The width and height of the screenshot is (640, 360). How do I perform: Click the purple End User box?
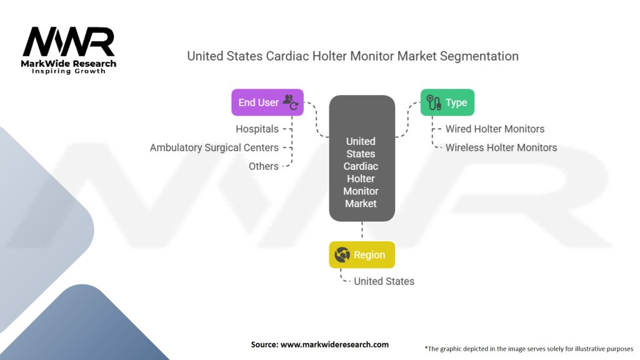pyautogui.click(x=267, y=102)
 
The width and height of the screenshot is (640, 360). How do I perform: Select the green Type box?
pyautogui.click(x=447, y=102)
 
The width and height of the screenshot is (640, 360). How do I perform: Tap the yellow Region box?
pyautogui.click(x=362, y=255)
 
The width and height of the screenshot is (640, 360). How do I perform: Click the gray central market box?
pyautogui.click(x=362, y=158)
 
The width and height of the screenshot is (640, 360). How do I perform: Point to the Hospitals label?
pyautogui.click(x=257, y=129)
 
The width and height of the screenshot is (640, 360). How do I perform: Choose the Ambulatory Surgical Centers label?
pyautogui.click(x=214, y=147)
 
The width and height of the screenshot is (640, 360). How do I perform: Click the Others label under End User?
pyautogui.click(x=264, y=166)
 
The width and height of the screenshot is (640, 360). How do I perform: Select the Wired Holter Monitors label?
pyautogui.click(x=495, y=129)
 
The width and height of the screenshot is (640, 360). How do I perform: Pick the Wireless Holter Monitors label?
pyautogui.click(x=501, y=147)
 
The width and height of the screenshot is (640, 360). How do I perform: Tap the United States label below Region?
pyautogui.click(x=384, y=281)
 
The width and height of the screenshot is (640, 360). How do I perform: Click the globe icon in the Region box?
pyautogui.click(x=342, y=255)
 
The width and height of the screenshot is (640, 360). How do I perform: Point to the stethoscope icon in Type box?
pyautogui.click(x=434, y=102)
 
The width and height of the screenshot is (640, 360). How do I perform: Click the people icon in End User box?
pyautogui.click(x=291, y=102)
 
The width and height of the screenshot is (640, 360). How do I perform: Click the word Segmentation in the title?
pyautogui.click(x=479, y=56)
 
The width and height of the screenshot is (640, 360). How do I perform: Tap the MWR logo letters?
pyautogui.click(x=69, y=42)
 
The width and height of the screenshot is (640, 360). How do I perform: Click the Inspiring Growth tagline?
pyautogui.click(x=69, y=71)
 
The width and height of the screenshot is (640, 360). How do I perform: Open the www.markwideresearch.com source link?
pyautogui.click(x=335, y=344)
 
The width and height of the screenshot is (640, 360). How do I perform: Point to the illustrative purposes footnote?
pyautogui.click(x=529, y=349)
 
